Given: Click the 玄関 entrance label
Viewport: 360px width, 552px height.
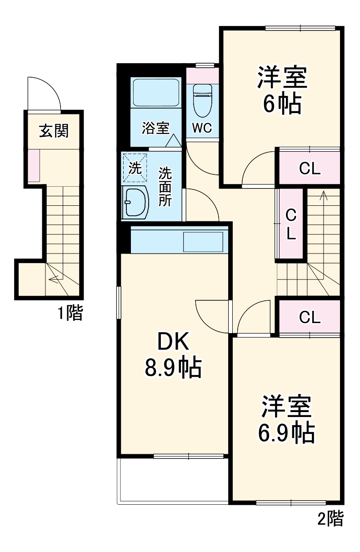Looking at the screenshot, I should click(54, 131).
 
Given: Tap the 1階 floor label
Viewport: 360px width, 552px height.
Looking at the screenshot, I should click(70, 313).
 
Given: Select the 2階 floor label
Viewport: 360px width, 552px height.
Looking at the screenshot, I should click(330, 518).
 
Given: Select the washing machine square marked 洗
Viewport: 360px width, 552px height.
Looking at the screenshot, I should click(135, 168).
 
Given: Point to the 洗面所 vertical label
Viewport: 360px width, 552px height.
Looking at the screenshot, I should click(165, 187).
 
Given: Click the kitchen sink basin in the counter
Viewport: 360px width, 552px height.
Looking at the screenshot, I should click(203, 242).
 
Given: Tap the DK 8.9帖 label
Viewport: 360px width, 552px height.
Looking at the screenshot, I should click(173, 355).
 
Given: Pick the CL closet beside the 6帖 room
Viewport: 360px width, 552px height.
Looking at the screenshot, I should click(310, 169).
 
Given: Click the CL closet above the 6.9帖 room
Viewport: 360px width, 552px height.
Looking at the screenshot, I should click(310, 317).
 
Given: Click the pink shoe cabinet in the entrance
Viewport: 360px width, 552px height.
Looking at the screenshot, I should click(33, 166).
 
